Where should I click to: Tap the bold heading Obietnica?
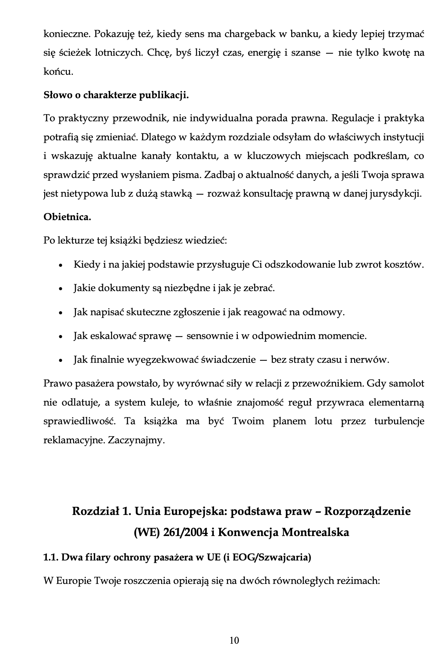click(x=67, y=217)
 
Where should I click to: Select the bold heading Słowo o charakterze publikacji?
click(x=116, y=95)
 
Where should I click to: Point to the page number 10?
click(x=234, y=640)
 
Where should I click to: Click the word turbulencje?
click(x=399, y=422)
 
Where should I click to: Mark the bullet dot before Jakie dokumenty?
click(x=60, y=289)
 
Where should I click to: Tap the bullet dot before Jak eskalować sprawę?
click(x=60, y=337)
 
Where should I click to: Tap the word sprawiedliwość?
click(x=80, y=422)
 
